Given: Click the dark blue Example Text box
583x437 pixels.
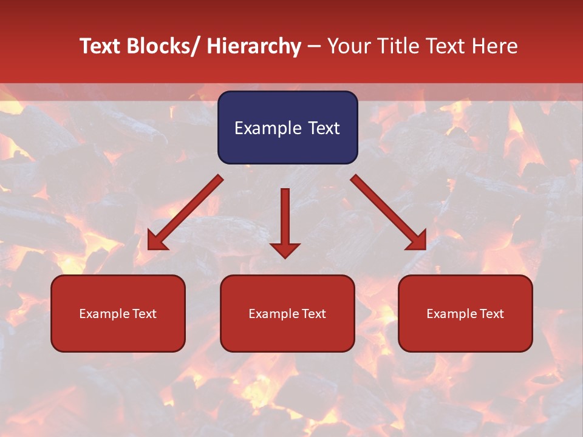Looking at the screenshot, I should click(x=287, y=127).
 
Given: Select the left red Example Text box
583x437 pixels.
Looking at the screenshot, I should click(x=118, y=313).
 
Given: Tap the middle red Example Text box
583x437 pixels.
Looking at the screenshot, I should click(x=287, y=313).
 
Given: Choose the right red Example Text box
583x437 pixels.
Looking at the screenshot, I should click(x=465, y=313).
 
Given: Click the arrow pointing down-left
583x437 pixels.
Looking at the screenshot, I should click(x=186, y=212).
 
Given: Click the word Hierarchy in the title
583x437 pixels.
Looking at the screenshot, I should click(x=254, y=47).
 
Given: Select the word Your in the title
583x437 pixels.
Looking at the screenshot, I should click(x=349, y=47).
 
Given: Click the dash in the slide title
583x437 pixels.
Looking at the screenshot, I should click(x=314, y=47).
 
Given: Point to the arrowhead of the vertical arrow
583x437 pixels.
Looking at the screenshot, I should click(x=285, y=250).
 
